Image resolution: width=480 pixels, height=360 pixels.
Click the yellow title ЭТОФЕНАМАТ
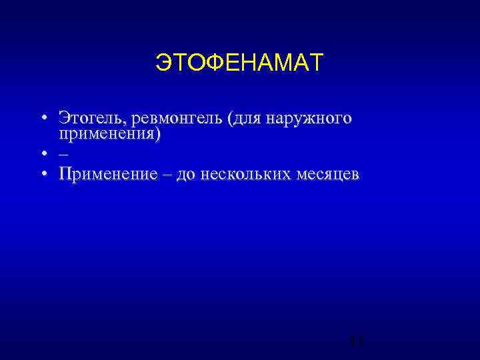pos(239,63)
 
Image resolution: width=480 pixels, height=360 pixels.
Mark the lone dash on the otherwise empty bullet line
pos(63,154)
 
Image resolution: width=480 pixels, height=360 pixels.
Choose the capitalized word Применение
pos(107,175)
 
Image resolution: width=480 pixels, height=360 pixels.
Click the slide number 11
pos(356,342)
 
